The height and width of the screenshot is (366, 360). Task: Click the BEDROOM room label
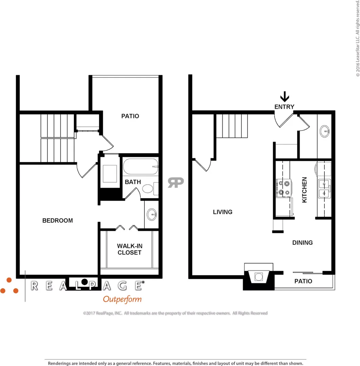pyautogui.click(x=57, y=221)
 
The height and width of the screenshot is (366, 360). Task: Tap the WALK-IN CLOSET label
pyautogui.click(x=129, y=249)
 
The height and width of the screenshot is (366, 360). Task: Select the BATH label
pyautogui.click(x=133, y=182)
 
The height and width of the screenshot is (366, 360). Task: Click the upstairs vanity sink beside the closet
pyautogui.click(x=152, y=215)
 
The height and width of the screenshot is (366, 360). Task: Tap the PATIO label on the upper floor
pyautogui.click(x=130, y=116)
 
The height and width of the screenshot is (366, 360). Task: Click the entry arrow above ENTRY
pyautogui.click(x=285, y=96)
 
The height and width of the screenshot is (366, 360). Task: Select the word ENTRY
pyautogui.click(x=284, y=107)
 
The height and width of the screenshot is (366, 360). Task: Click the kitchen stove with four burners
pyautogui.click(x=284, y=188)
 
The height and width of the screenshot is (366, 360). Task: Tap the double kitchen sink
pyautogui.click(x=324, y=189)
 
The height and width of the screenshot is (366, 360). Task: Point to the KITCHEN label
pyautogui.click(x=304, y=190)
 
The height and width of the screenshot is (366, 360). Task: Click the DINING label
pyautogui.click(x=302, y=243)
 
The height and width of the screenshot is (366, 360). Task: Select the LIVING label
pyautogui.click(x=222, y=212)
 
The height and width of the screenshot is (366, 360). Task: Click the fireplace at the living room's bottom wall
pyautogui.click(x=259, y=277)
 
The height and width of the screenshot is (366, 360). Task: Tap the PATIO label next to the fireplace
pyautogui.click(x=303, y=281)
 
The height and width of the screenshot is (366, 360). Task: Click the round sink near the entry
pyautogui.click(x=324, y=131)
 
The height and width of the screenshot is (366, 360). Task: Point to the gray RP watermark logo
pyautogui.click(x=176, y=183)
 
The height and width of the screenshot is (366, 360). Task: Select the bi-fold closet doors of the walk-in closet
pyautogui.click(x=127, y=228)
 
